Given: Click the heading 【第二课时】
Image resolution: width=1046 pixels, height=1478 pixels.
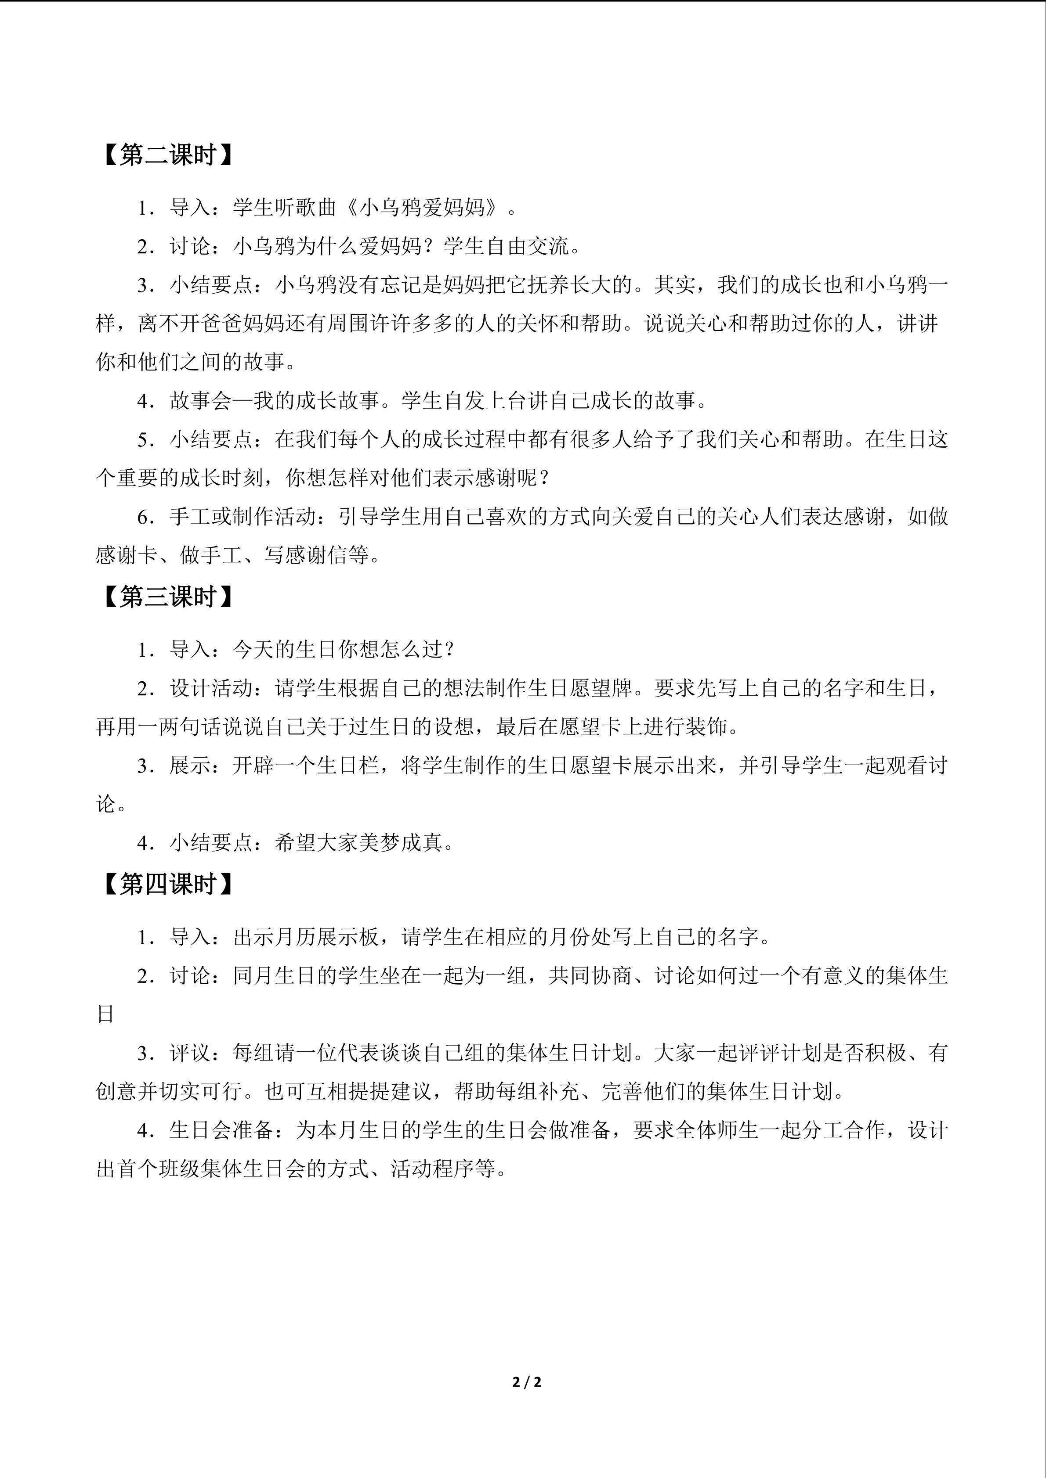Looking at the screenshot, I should point(167,155).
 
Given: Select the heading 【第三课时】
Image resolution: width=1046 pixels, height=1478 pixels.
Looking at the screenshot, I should point(167,597).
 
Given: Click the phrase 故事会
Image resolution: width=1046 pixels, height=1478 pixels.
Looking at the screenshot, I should point(201,401).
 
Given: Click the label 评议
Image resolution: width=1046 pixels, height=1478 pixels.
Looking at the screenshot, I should point(190,1053).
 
